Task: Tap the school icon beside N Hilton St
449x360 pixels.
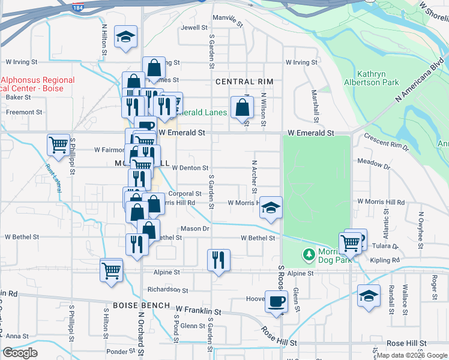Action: pyautogui.click(x=126, y=37)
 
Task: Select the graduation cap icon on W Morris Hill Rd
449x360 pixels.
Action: pyautogui.click(x=271, y=207)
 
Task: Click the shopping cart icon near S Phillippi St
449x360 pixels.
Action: pyautogui.click(x=58, y=144)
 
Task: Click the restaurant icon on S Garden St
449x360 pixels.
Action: pyautogui.click(x=218, y=259)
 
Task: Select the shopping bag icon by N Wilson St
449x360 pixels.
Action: pyautogui.click(x=241, y=108)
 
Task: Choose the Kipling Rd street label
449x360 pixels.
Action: pyautogui.click(x=385, y=260)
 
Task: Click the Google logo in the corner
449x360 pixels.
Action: pyautogui.click(x=20, y=353)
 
